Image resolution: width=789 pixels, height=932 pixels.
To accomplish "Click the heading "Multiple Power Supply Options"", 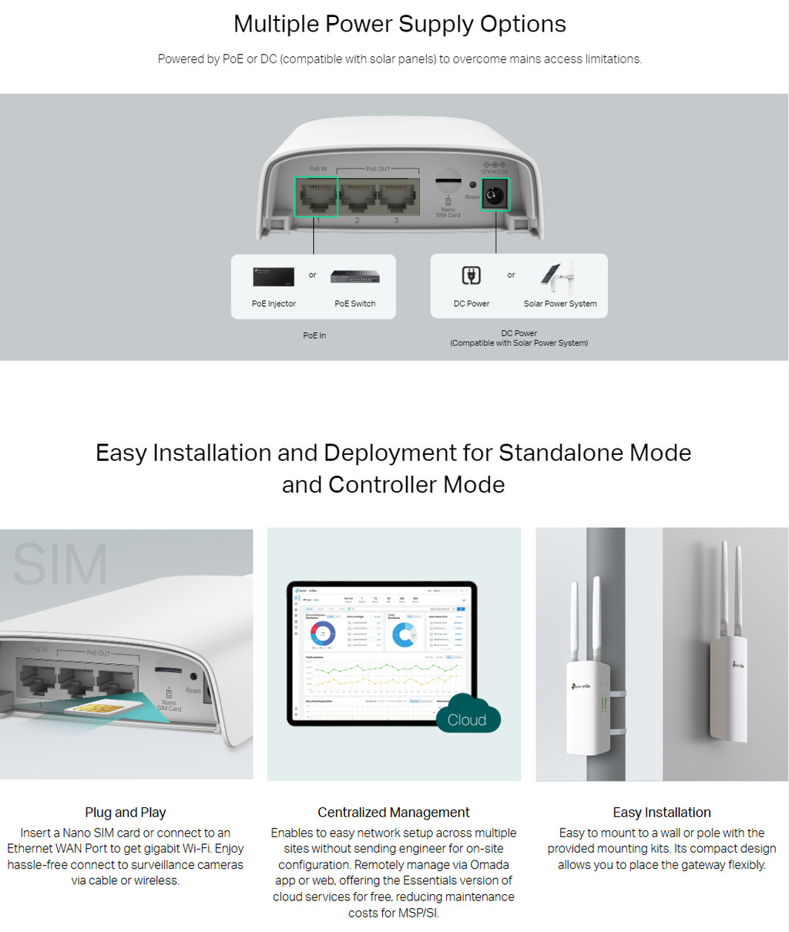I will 399,24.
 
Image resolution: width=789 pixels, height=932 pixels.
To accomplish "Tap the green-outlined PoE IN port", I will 316,196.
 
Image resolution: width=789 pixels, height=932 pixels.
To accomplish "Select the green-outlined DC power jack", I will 495,193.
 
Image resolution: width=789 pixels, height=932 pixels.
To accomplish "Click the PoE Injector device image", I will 274,278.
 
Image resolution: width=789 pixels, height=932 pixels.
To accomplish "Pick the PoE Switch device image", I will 354,278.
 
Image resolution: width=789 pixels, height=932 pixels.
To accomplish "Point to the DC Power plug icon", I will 471,276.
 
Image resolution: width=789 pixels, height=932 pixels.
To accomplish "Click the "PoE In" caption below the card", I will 314,335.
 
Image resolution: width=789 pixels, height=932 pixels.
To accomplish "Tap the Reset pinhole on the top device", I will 472,186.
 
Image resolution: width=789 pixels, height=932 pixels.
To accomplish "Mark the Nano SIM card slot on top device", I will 448,183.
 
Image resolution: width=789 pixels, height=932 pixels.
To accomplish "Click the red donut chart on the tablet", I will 323,634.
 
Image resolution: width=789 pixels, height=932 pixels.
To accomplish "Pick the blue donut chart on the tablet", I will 404,634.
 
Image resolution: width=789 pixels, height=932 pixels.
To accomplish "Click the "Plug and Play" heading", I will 126,812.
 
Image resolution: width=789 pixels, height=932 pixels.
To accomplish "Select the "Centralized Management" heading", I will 394,812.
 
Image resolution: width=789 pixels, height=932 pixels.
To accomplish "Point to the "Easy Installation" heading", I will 662,812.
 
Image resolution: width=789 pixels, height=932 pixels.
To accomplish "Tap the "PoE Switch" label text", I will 354,304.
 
